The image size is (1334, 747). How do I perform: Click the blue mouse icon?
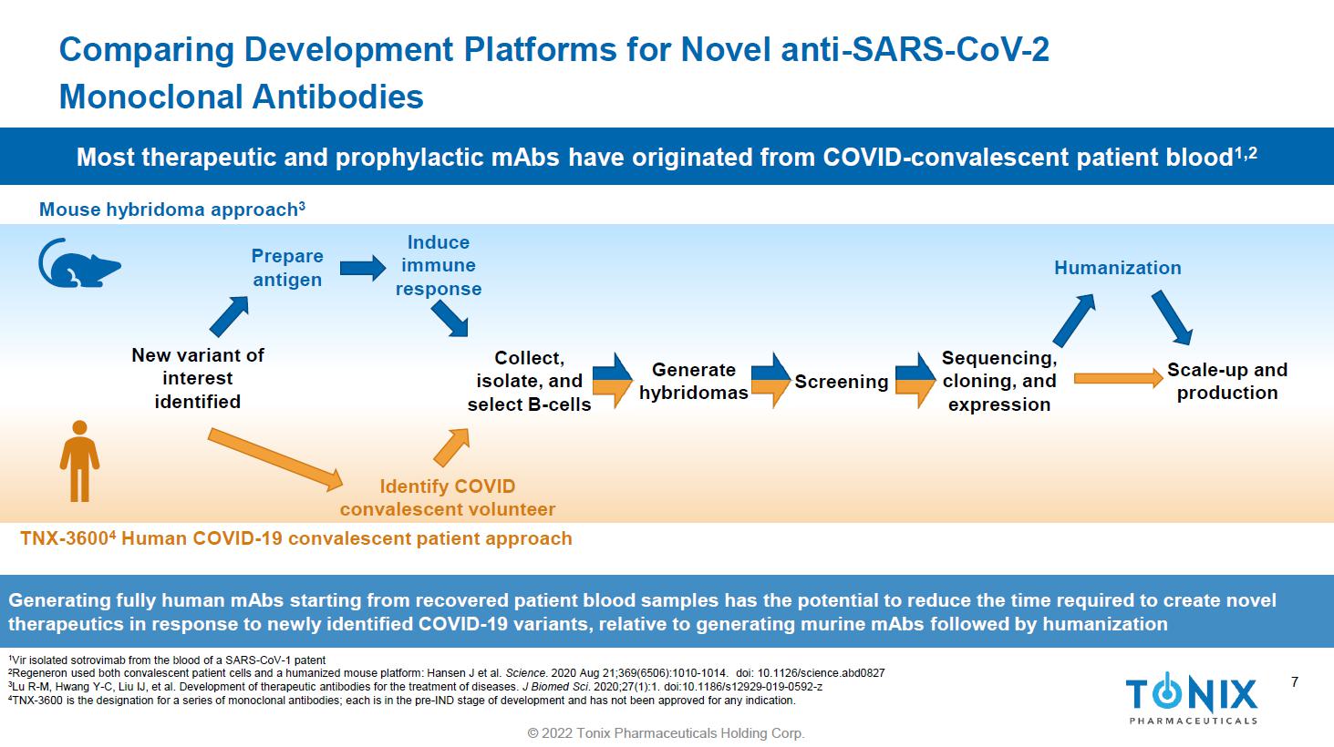pyautogui.click(x=79, y=263)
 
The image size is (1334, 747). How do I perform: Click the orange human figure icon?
pyautogui.click(x=80, y=461)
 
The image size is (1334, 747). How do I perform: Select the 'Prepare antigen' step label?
pyautogui.click(x=287, y=268)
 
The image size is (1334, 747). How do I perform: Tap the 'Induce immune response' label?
pyautogui.click(x=439, y=265)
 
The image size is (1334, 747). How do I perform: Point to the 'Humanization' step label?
pyautogui.click(x=1118, y=268)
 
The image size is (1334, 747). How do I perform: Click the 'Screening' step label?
pyautogui.click(x=841, y=381)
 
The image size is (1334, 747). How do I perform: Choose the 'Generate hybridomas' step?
pyautogui.click(x=693, y=381)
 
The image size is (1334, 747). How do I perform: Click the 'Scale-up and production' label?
pyautogui.click(x=1227, y=381)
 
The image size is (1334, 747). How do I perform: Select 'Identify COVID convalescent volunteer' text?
pyautogui.click(x=447, y=497)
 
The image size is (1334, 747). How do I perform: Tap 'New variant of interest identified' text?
pyautogui.click(x=198, y=378)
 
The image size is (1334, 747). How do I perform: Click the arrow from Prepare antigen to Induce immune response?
pyautogui.click(x=363, y=268)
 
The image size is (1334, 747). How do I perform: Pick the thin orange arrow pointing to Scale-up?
pyautogui.click(x=1119, y=378)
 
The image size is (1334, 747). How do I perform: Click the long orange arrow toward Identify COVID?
pyautogui.click(x=275, y=459)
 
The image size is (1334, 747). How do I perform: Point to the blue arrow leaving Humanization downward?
pyautogui.click(x=1172, y=318)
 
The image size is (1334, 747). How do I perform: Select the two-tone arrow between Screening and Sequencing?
pyautogui.click(x=915, y=380)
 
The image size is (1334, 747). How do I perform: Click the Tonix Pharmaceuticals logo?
pyautogui.click(x=1192, y=698)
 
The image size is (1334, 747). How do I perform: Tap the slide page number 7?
pyautogui.click(x=1295, y=682)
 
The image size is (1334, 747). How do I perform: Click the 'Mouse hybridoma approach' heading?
pyautogui.click(x=172, y=210)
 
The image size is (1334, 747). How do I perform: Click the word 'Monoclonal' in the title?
pyautogui.click(x=150, y=97)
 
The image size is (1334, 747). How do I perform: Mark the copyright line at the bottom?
pyautogui.click(x=666, y=733)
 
